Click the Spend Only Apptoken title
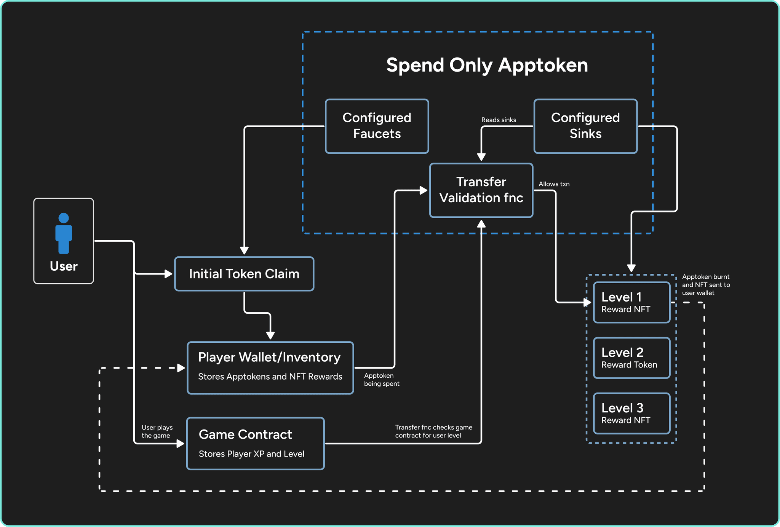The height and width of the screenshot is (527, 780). coord(487,65)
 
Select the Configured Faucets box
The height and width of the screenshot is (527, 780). coord(377,126)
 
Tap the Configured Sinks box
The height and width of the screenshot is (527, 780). coord(585,126)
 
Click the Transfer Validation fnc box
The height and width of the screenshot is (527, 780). coord(481,190)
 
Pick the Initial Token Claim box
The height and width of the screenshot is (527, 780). coord(244,274)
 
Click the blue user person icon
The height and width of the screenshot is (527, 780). coord(64,233)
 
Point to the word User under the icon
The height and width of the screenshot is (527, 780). coord(64,266)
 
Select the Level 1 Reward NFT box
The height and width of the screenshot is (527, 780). coord(631,302)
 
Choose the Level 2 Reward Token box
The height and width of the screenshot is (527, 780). coord(631,358)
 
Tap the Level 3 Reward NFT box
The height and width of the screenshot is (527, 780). coord(631,414)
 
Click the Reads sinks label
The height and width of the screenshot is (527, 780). coord(499,120)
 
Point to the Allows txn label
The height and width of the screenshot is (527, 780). coord(554,184)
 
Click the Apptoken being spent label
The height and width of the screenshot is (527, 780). coord(381,380)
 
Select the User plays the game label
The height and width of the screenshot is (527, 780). coord(157,431)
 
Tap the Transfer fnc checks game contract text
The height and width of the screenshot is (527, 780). coord(433,431)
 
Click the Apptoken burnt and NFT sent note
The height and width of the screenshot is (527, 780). coord(706,285)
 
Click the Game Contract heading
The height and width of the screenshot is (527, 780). coord(245,434)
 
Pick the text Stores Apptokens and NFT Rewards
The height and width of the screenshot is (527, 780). coord(270,377)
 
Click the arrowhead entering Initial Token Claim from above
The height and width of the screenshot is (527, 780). coord(244,251)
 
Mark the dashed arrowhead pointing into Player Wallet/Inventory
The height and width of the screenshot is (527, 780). coord(181,368)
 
